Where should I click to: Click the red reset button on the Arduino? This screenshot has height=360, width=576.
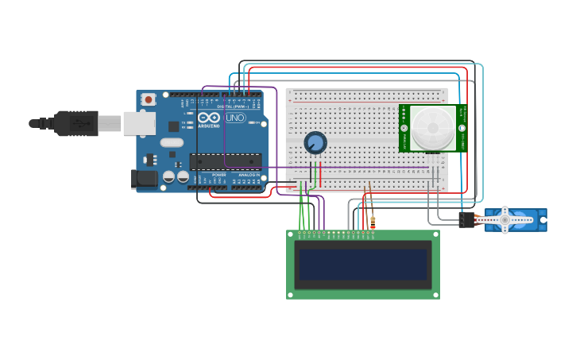click(x=149, y=99)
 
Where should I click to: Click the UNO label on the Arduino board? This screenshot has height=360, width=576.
click(x=235, y=118)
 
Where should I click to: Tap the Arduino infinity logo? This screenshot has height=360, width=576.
click(x=209, y=117)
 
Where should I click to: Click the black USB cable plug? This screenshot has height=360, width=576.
click(x=76, y=123)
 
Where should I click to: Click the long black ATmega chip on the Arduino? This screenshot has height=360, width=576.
click(x=226, y=161)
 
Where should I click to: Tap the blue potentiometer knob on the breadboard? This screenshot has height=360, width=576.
click(x=315, y=143)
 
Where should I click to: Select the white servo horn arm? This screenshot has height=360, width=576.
click(x=504, y=219)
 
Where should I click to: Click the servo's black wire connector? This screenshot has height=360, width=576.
click(x=466, y=220)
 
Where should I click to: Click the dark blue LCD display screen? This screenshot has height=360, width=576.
click(x=363, y=265)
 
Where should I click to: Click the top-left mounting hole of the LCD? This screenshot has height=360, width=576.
click(x=291, y=234)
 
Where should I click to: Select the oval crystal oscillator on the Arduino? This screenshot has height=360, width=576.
click(x=171, y=143)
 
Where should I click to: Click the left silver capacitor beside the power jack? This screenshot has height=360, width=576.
click(x=168, y=176)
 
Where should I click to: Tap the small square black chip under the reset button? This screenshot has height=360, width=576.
click(x=173, y=126)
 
